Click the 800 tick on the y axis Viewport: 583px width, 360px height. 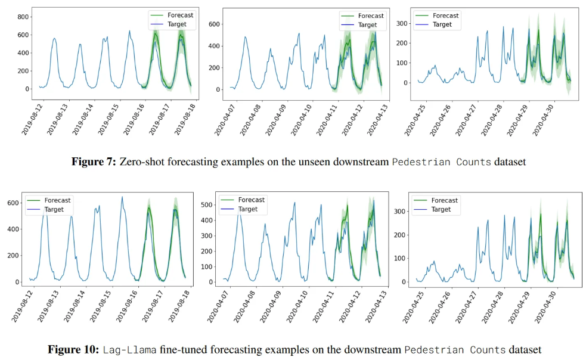pyautogui.click(x=23, y=17)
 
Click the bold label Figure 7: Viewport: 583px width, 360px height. pyautogui.click(x=94, y=162)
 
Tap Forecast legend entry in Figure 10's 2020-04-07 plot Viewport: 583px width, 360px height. pyautogui.click(x=251, y=200)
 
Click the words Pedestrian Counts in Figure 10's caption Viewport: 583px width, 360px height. pyautogui.click(x=455, y=349)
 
